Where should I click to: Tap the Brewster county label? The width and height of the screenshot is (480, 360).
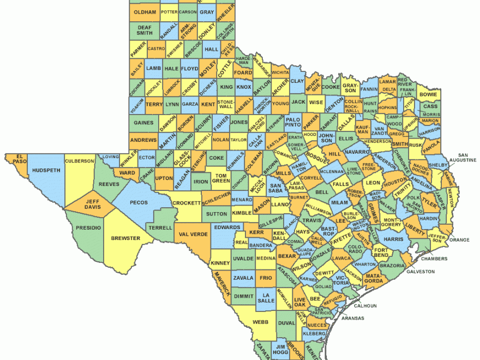click(x=125, y=238)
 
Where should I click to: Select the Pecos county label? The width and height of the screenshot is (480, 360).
click(x=136, y=202)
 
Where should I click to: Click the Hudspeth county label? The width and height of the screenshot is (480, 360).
click(x=46, y=170)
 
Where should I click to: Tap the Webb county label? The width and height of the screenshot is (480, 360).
click(x=261, y=322)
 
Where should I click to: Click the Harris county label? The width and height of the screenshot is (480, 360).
click(x=393, y=239)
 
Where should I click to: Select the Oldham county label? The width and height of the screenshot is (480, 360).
click(x=145, y=12)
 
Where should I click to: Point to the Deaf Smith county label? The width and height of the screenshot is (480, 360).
click(x=145, y=29)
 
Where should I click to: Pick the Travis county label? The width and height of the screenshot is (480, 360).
click(x=313, y=220)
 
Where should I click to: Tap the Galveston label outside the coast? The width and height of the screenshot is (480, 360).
click(x=421, y=271)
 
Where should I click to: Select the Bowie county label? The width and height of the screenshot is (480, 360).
click(x=428, y=94)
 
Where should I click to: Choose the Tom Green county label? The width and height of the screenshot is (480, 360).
click(x=221, y=178)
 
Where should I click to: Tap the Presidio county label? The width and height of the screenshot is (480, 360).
click(x=88, y=227)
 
